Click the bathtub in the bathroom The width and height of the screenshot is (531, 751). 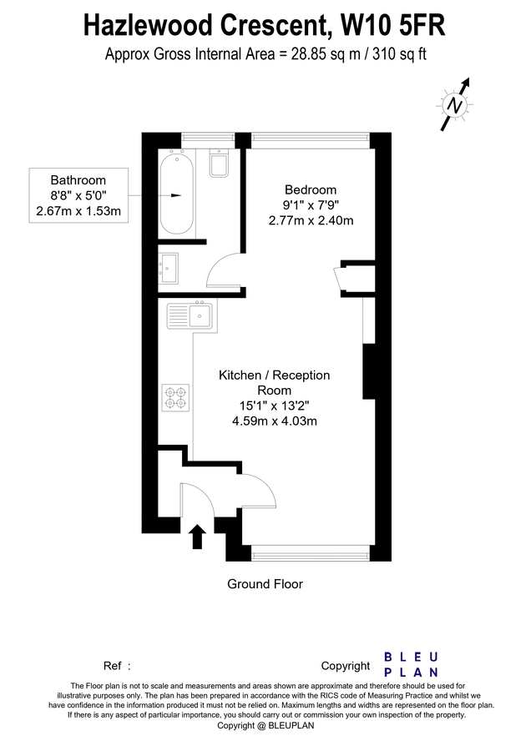(x=177, y=194)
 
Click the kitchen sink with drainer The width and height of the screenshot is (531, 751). (x=190, y=315)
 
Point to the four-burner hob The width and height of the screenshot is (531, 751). (x=176, y=396)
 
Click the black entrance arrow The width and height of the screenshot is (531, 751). (x=197, y=536)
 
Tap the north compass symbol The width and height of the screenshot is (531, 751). (x=454, y=104)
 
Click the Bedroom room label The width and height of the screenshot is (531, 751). (x=311, y=189)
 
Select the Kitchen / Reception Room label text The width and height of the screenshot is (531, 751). (x=274, y=382)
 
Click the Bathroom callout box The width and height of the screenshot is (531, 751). (x=78, y=195)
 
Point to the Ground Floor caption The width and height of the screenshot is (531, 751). (x=265, y=584)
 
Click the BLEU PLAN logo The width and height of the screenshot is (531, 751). (x=411, y=665)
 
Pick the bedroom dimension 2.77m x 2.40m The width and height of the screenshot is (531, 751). (x=311, y=220)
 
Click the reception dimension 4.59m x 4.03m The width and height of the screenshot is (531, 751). (x=274, y=421)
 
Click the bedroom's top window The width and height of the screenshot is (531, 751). (x=309, y=139)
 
